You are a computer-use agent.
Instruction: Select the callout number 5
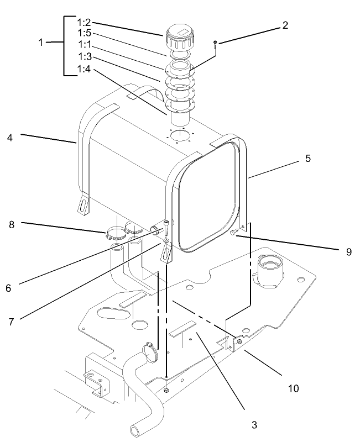(x=308, y=157)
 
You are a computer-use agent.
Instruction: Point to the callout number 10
(x=293, y=388)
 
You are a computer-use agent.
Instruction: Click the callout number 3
(x=253, y=424)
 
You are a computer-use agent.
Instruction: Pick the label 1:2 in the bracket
(x=84, y=23)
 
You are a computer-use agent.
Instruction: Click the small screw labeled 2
(x=215, y=44)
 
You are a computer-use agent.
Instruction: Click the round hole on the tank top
(x=179, y=135)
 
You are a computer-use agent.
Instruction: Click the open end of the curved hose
(x=134, y=429)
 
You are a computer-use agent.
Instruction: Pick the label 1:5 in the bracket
(x=84, y=33)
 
